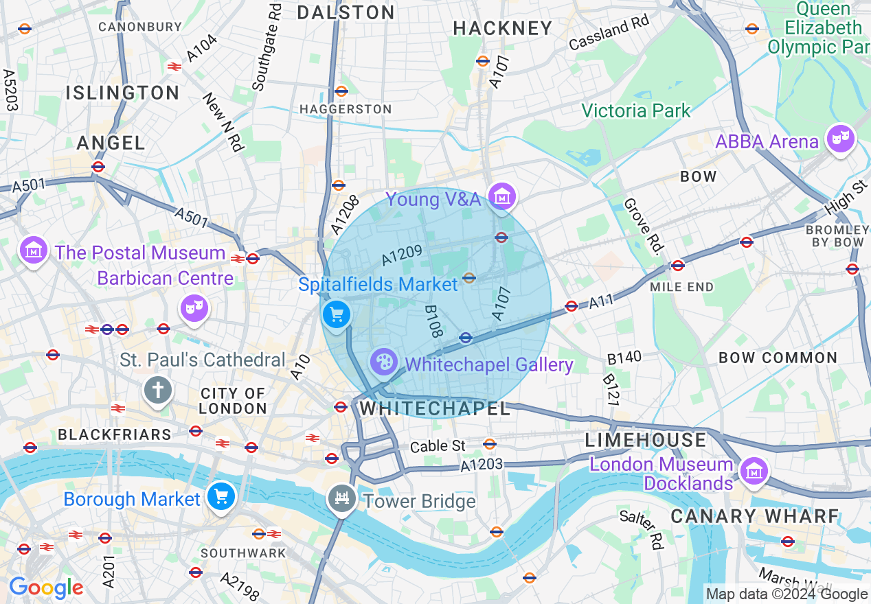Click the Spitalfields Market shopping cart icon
337,315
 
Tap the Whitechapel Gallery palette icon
383,362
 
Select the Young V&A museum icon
501,197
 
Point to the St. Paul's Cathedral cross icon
157,391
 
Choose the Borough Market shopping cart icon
221,496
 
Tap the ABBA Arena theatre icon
841,139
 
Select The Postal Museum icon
33,251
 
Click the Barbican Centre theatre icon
194,308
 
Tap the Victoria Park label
635,111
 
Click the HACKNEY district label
503,28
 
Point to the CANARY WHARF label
754,516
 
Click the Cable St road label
438,446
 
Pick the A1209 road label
402,256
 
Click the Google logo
45,588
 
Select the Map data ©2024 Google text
787,594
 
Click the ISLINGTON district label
123,93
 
